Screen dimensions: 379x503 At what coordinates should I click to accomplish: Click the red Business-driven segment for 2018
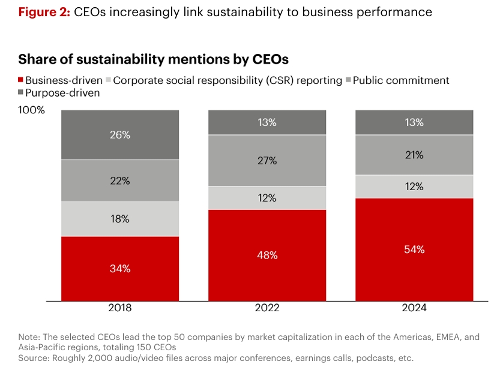119,269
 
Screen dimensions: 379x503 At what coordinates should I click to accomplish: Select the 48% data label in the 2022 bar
267,255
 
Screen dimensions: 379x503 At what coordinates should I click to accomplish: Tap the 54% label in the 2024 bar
415,249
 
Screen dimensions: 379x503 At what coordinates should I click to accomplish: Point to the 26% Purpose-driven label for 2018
119,135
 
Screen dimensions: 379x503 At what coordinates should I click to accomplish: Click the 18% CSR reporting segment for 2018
119,219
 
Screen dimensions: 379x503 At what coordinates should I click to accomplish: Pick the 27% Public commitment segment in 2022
267,161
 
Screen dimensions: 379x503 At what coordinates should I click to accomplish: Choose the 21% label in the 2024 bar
415,155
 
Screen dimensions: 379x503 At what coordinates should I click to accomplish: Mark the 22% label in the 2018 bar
119,181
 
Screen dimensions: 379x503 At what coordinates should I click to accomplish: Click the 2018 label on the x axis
119,308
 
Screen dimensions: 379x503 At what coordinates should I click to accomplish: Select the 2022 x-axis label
267,308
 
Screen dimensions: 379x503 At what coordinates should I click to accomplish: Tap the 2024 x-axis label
415,308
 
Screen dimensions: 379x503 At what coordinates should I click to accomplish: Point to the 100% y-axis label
31,110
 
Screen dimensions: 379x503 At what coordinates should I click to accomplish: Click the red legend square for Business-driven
21,80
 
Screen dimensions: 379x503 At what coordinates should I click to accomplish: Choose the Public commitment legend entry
400,80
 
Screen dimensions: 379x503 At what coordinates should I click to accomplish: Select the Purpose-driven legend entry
62,93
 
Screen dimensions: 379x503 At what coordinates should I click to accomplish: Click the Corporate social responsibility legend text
227,80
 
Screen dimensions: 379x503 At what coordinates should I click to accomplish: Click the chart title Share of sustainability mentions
153,59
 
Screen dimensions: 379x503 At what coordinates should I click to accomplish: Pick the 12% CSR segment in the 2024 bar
415,187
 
